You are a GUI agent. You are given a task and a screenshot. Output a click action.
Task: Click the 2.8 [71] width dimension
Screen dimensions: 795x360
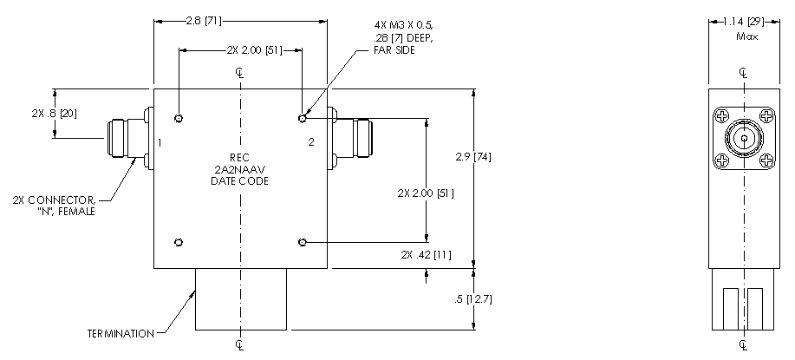(x=204, y=22)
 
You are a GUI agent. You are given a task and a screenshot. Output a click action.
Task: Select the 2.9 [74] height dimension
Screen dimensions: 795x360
(x=473, y=157)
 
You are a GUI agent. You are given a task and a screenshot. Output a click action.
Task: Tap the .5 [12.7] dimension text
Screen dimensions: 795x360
(x=473, y=299)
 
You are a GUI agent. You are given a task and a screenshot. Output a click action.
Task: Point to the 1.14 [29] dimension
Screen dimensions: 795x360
(x=744, y=22)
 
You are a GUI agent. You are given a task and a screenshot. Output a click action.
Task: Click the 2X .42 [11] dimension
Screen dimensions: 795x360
(x=426, y=254)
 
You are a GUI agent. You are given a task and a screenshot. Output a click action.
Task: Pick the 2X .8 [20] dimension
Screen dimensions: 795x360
(x=55, y=114)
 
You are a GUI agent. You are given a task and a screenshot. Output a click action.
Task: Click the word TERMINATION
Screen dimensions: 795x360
(x=121, y=334)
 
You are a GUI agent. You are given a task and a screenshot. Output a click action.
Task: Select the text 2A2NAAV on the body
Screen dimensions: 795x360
(x=240, y=169)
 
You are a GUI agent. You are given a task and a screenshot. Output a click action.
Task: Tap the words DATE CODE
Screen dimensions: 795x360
(x=240, y=181)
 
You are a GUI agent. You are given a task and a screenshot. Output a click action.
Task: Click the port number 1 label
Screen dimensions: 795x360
(x=160, y=142)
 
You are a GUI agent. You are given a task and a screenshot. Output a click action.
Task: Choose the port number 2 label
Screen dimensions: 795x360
(x=311, y=142)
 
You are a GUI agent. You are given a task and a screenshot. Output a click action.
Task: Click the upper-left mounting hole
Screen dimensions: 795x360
(x=179, y=119)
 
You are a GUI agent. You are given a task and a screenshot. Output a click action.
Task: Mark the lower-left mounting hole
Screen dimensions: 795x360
(x=179, y=242)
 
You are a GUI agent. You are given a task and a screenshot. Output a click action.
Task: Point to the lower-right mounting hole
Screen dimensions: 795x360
(x=303, y=243)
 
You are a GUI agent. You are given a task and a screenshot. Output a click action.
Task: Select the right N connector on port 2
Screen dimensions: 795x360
(x=350, y=138)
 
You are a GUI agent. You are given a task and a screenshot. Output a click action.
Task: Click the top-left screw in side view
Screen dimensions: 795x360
(x=722, y=117)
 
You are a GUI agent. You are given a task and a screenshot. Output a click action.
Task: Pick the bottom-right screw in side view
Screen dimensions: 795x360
(x=766, y=160)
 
